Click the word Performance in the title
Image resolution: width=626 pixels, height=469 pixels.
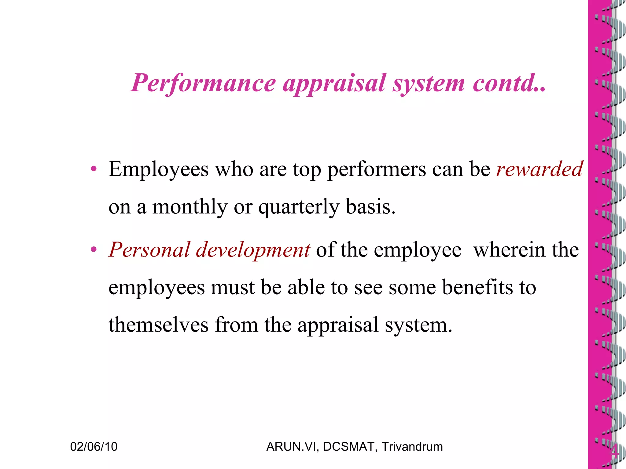[x=204, y=83]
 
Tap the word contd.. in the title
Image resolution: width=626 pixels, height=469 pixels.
[x=509, y=83]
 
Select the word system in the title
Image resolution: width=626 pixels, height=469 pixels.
[x=429, y=84]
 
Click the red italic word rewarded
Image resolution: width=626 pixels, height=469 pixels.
[x=539, y=169]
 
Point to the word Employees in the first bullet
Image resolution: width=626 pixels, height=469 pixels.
[x=158, y=170]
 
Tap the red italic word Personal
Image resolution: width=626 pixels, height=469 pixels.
[x=149, y=250]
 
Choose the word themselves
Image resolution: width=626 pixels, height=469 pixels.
[x=158, y=325]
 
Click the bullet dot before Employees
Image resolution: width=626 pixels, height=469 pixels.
[x=94, y=169]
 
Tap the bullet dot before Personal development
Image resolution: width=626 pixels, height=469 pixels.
[x=94, y=249]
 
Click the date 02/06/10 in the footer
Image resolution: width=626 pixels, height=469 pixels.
[x=94, y=447]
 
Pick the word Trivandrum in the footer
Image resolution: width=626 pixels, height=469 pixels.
[x=412, y=447]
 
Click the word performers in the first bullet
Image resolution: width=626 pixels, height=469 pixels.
[x=376, y=170]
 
